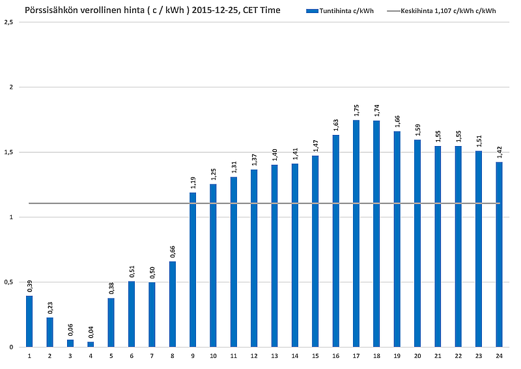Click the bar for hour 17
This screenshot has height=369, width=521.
pyautogui.click(x=356, y=233)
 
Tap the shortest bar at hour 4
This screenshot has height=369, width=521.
pyautogui.click(x=91, y=344)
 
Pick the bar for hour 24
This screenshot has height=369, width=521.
pyautogui.click(x=499, y=254)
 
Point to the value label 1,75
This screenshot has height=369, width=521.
pyautogui.click(x=356, y=110)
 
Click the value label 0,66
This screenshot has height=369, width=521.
pyautogui.click(x=172, y=252)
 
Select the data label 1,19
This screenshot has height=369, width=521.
pyautogui.click(x=193, y=183)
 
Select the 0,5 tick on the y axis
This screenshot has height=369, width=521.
pyautogui.click(x=8, y=282)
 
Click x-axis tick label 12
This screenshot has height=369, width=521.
pyautogui.click(x=254, y=357)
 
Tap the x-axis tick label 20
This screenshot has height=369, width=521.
pyautogui.click(x=417, y=357)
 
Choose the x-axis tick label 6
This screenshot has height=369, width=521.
pyautogui.click(x=132, y=357)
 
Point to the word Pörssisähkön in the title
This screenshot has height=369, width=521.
pyautogui.click(x=51, y=10)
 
